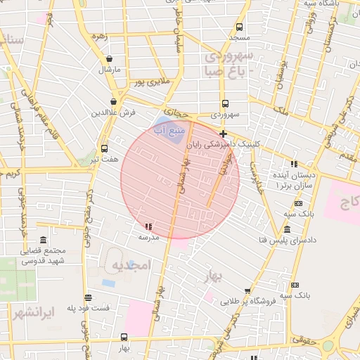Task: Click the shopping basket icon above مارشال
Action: click(x=109, y=60)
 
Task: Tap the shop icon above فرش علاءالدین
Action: click(x=113, y=102)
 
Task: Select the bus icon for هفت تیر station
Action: click(x=104, y=149)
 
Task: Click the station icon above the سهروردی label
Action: click(x=224, y=103)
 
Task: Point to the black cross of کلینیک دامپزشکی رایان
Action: click(x=223, y=134)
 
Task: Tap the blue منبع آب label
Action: click(x=169, y=131)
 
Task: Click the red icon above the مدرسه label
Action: click(x=148, y=226)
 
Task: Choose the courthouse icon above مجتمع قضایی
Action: click(x=44, y=240)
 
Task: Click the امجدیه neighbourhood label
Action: click(x=131, y=265)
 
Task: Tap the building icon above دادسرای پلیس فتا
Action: click(x=286, y=230)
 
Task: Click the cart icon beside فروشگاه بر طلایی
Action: click(x=247, y=291)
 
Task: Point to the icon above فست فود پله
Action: click(x=88, y=298)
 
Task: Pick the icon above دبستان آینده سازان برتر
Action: click(x=293, y=163)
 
